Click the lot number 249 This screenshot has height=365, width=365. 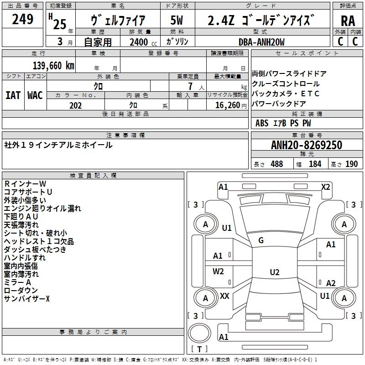pyautogui.click(x=23, y=19)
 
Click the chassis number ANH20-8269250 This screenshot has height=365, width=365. pyautogui.click(x=306, y=145)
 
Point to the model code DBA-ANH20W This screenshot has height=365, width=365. pyautogui.click(x=262, y=42)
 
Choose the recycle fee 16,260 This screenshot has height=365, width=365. pyautogui.click(x=227, y=105)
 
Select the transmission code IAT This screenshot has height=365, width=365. pyautogui.click(x=13, y=95)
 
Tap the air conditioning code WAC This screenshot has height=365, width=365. pyautogui.click(x=35, y=95)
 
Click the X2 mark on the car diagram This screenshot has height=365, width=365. pyautogui.click(x=325, y=187)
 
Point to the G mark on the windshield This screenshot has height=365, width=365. pyautogui.click(x=261, y=240)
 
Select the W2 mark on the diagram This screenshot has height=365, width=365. pyautogui.click(x=219, y=271)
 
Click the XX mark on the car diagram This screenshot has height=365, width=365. pyautogui.click(x=224, y=296)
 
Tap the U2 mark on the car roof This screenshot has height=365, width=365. pyautogui.click(x=274, y=272)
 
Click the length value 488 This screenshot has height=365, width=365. pyautogui.click(x=276, y=164)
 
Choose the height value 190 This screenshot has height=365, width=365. pyautogui.click(x=352, y=164)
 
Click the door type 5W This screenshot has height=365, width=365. pyautogui.click(x=177, y=21)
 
